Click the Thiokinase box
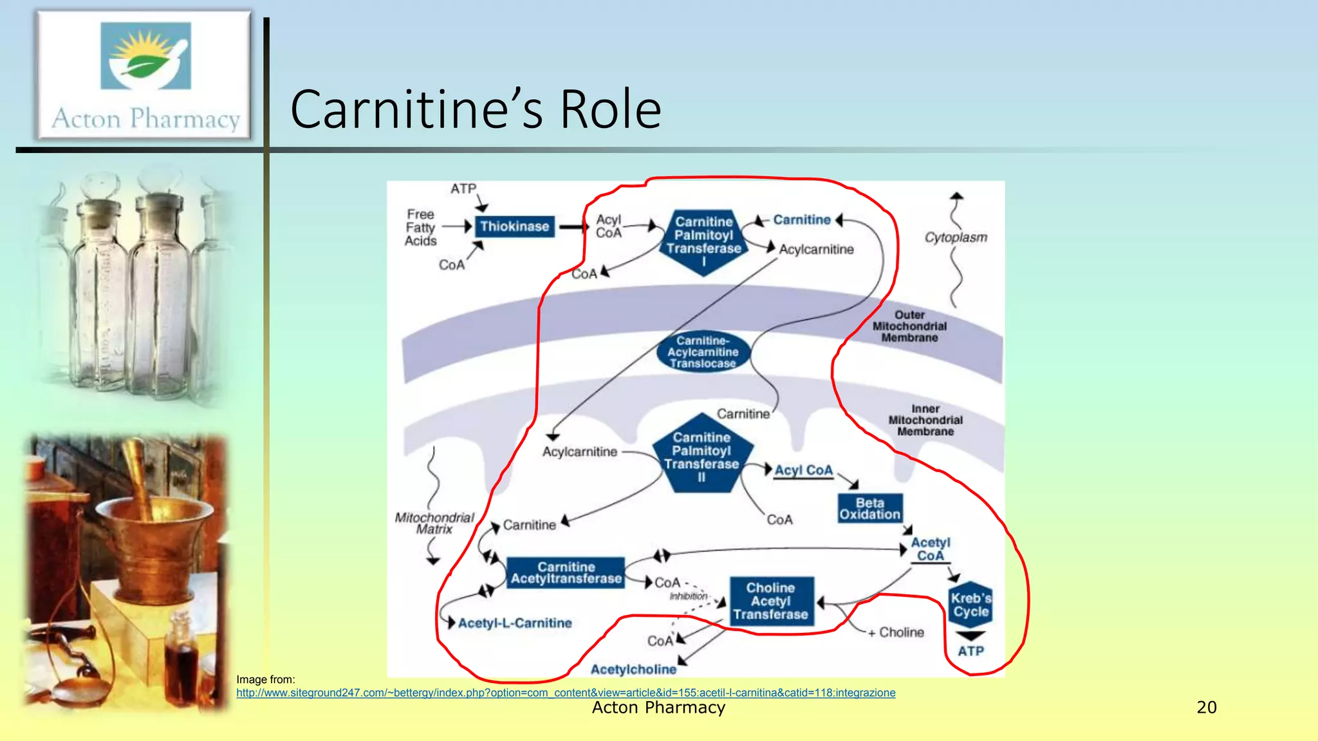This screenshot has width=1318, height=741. pos(514,226)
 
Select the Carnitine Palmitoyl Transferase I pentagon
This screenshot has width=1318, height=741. pos(703,239)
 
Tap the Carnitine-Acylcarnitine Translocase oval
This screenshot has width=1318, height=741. pos(703,352)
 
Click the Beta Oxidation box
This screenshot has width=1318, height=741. pos(869,509)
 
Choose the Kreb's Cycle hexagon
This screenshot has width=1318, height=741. pos(970,605)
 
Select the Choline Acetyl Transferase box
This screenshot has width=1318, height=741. pos(770,601)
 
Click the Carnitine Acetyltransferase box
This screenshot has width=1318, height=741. pos(566,573)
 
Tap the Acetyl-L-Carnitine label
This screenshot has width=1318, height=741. pos(514,623)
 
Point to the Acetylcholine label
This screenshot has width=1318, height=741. pos(633,670)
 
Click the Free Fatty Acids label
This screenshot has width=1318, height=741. pos(420,228)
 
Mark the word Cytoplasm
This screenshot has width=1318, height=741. pos(956,237)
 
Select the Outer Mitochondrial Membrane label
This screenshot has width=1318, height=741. pos(909,326)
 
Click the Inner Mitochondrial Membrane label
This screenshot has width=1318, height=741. pos(925,420)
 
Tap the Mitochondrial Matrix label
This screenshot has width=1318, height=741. pos(434,523)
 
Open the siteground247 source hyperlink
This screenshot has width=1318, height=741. pos(565,693)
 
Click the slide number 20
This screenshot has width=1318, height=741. pos(1206,708)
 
